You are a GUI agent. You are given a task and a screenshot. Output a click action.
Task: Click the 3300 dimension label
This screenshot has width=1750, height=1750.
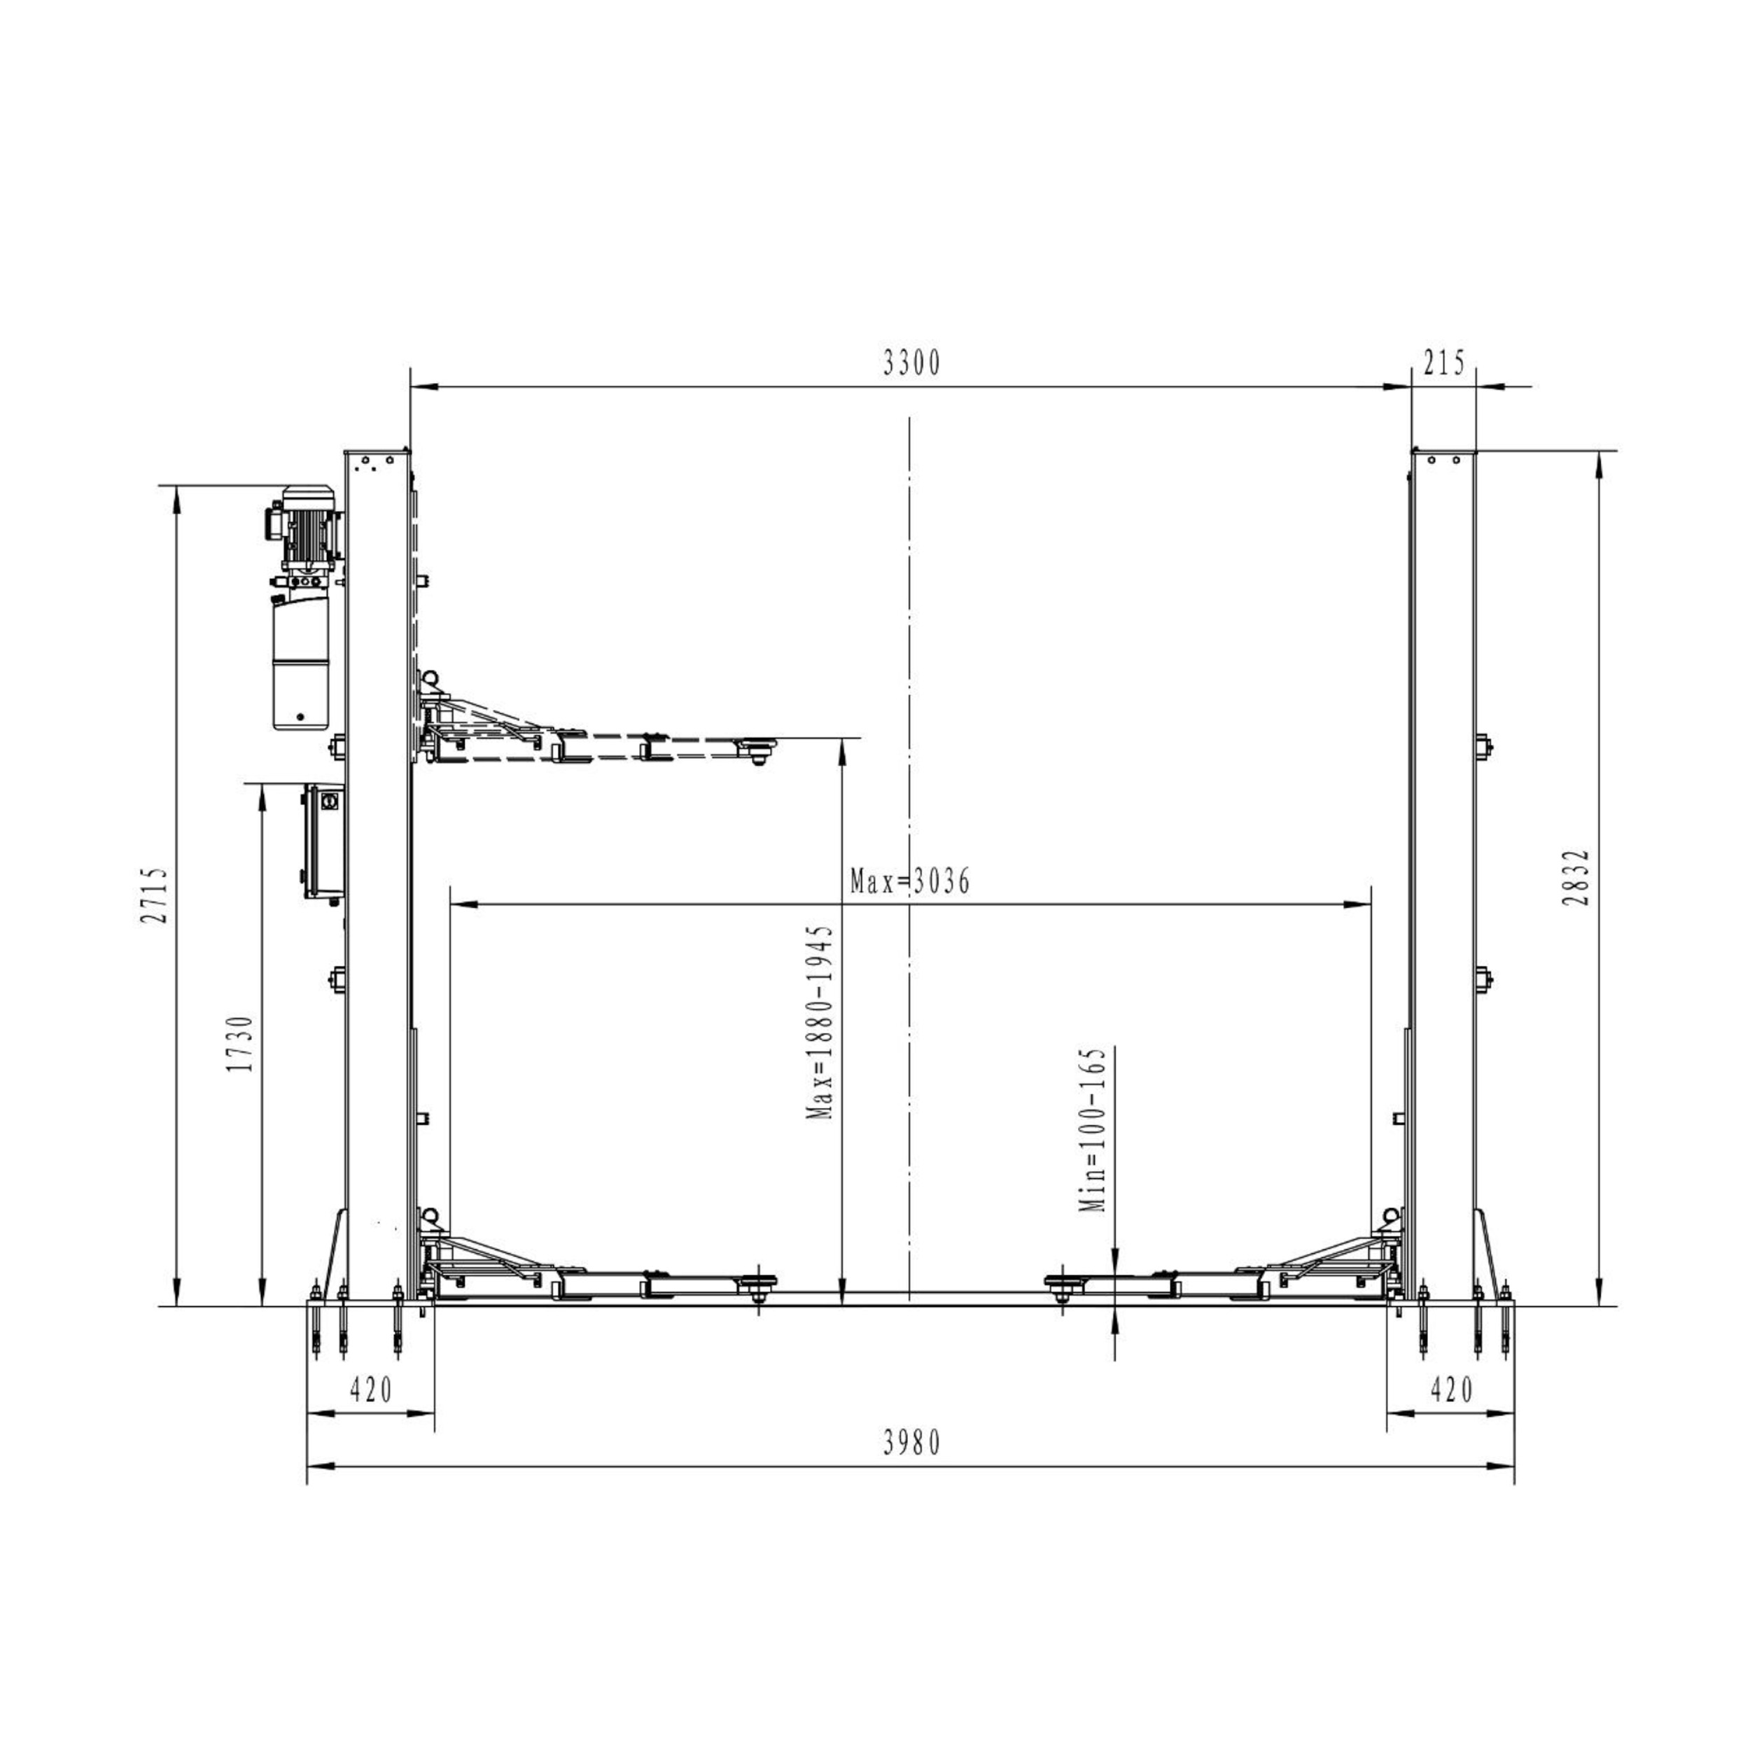click(x=912, y=363)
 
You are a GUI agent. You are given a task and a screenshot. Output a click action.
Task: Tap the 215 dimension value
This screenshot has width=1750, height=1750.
click(x=1444, y=363)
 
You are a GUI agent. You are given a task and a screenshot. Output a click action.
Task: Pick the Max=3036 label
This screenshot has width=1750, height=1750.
click(x=909, y=881)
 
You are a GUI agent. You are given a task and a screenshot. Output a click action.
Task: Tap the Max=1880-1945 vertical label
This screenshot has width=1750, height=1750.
click(x=820, y=1022)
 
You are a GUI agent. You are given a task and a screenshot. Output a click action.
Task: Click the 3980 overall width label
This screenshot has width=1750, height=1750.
click(x=912, y=1443)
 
